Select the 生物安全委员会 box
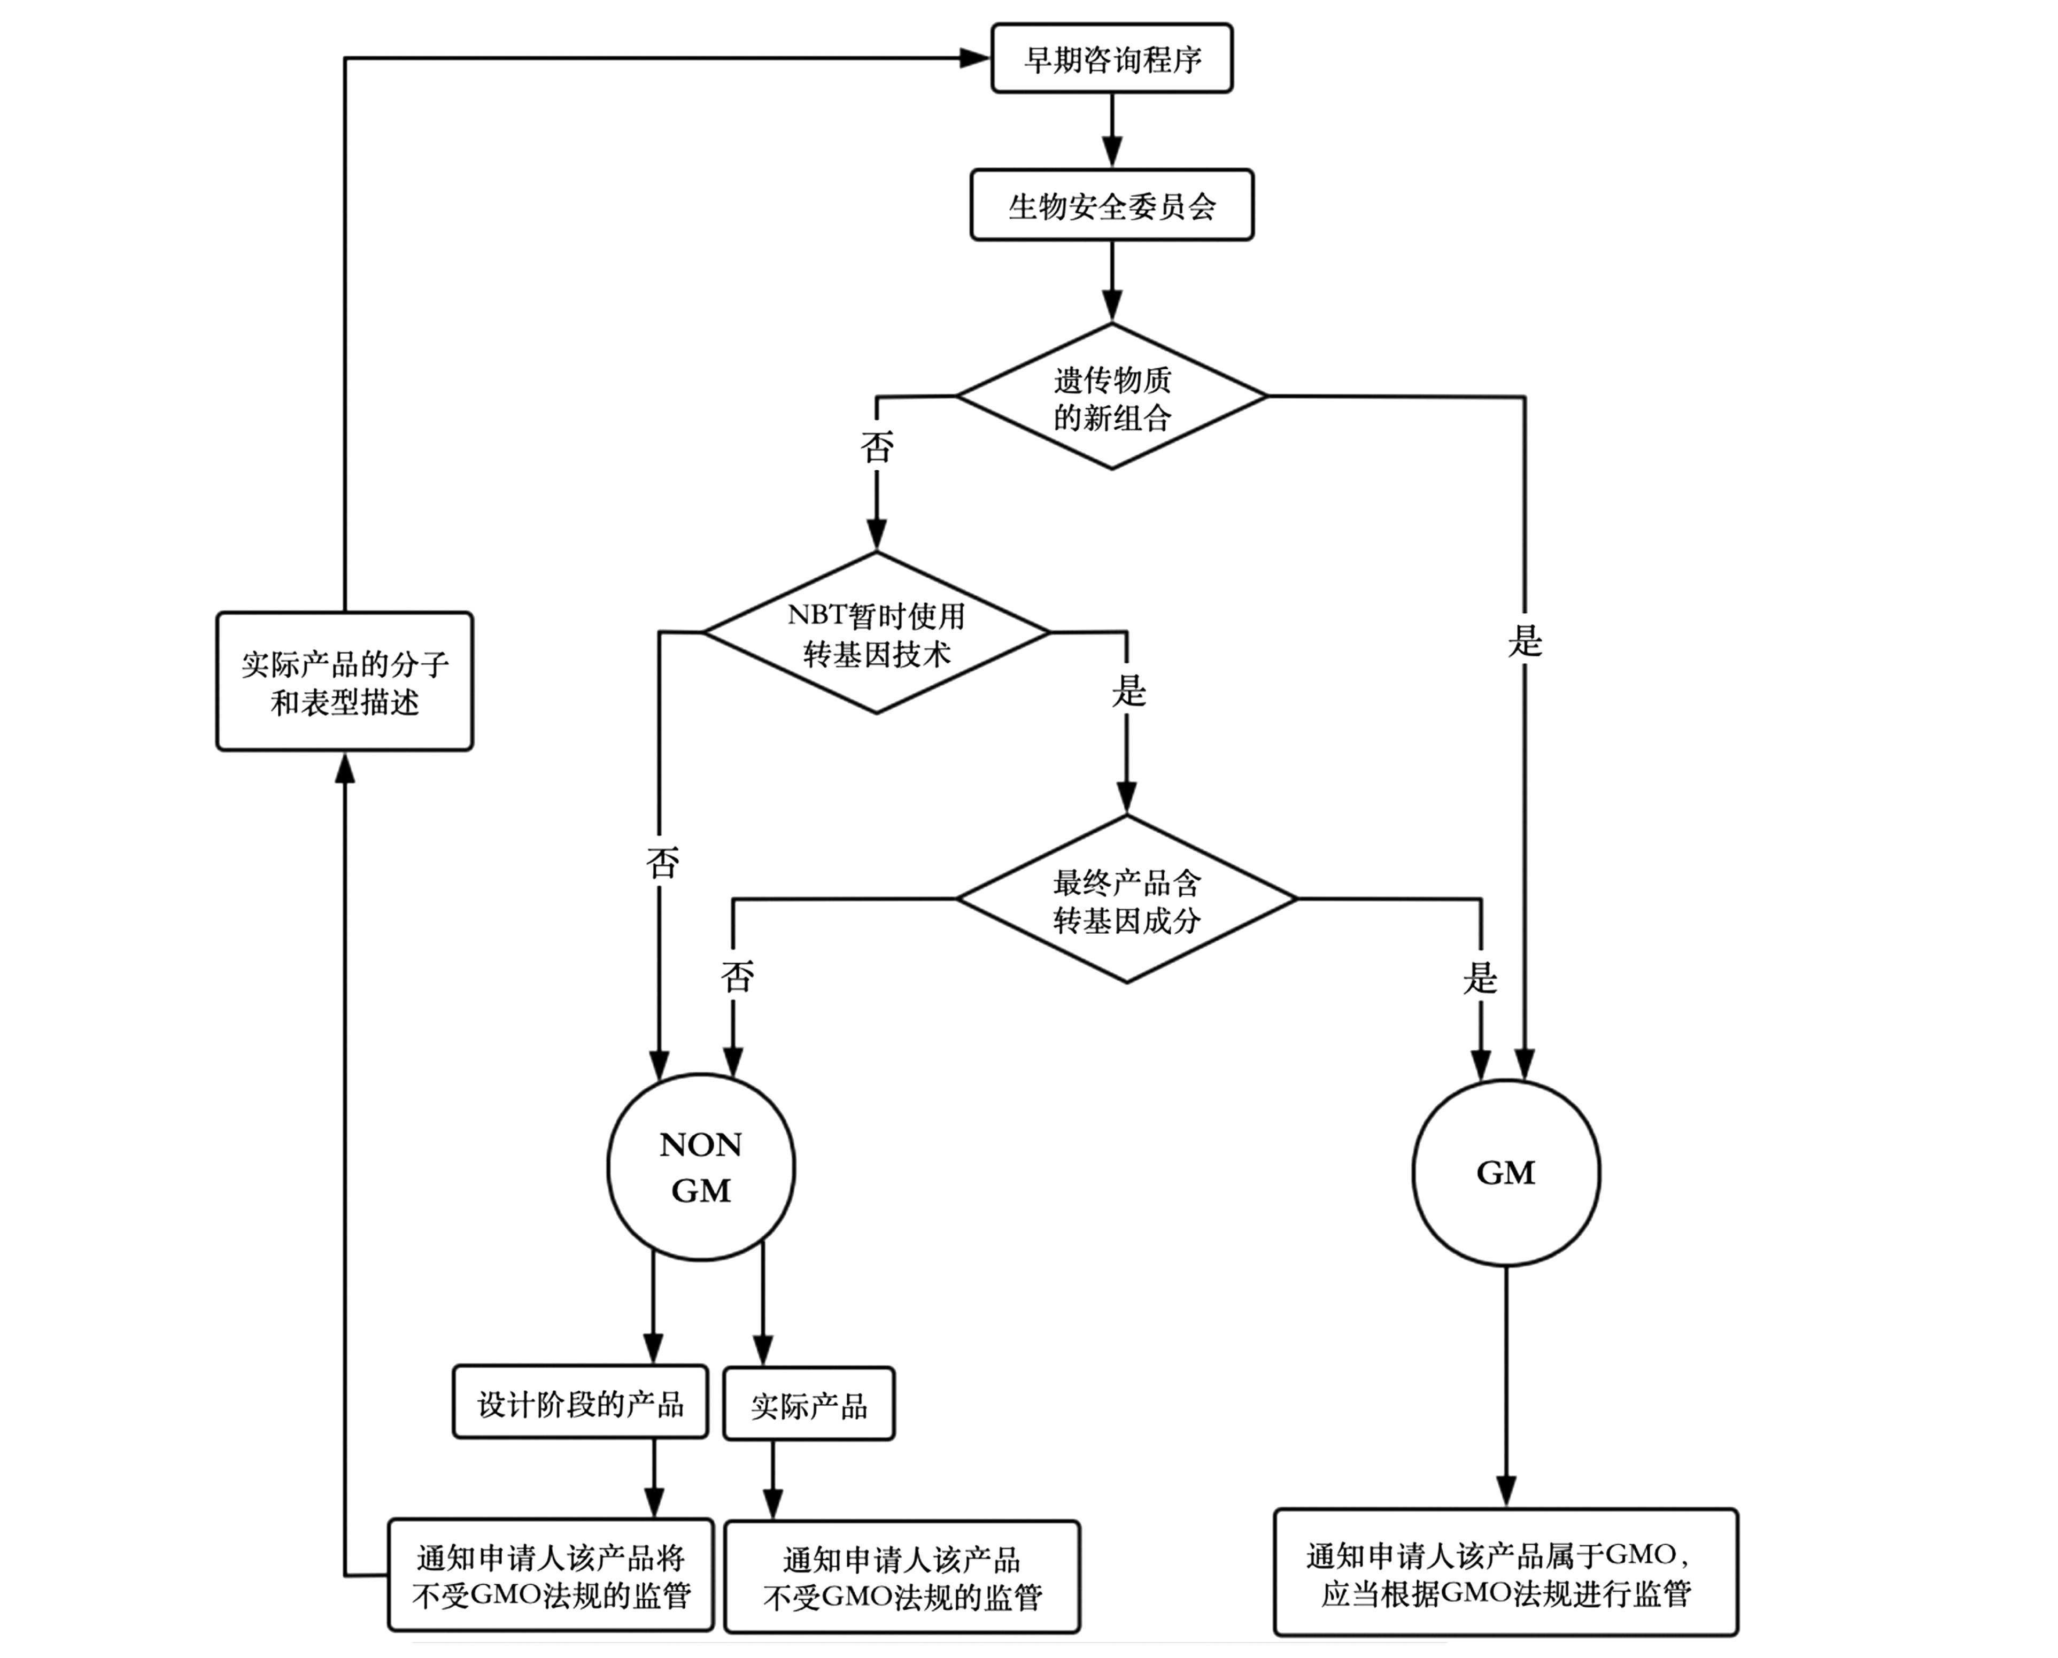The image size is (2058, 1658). [1112, 205]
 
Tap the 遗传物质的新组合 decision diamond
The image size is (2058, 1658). [1112, 397]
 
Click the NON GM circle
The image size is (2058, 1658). [701, 1167]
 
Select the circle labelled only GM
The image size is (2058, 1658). [1506, 1173]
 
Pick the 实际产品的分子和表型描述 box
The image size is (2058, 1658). [345, 682]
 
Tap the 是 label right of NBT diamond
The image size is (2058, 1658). [1128, 689]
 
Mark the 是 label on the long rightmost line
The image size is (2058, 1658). [1524, 641]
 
